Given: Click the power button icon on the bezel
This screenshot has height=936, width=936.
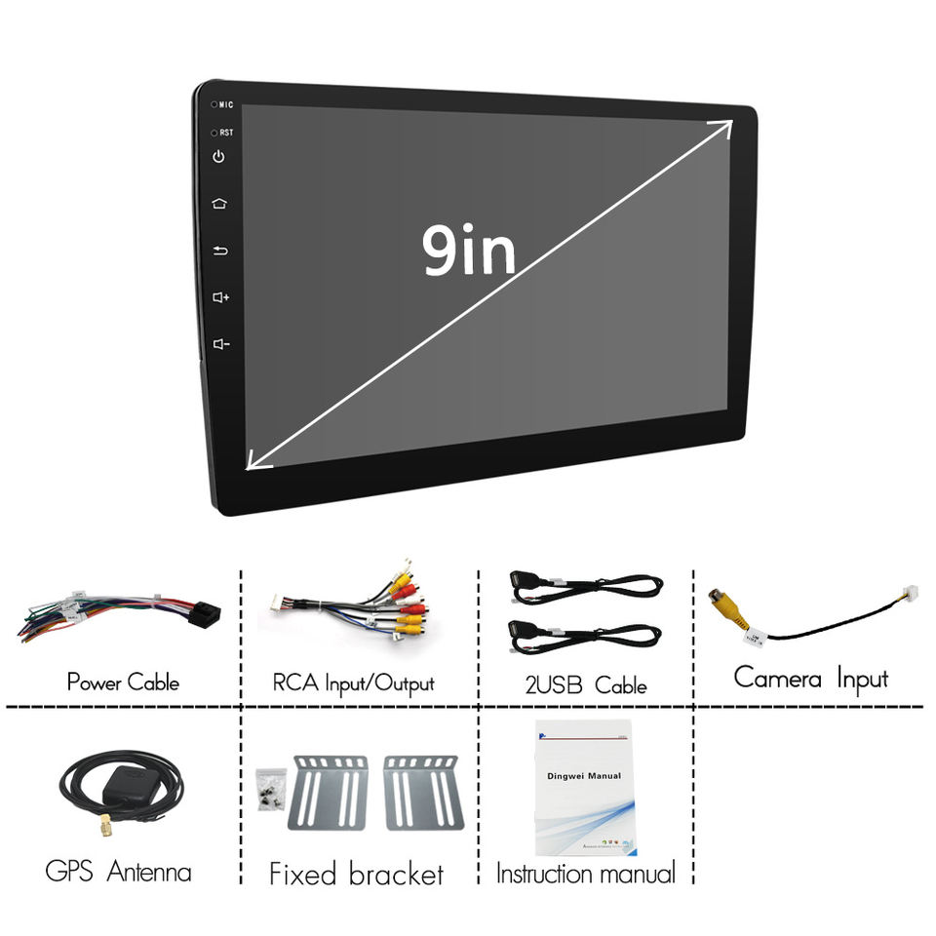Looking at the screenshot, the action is [x=219, y=156].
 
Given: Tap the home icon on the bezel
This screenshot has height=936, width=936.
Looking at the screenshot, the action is [x=219, y=204].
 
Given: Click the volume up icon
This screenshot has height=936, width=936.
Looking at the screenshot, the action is [x=220, y=296].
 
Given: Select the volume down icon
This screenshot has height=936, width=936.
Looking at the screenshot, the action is [x=220, y=343].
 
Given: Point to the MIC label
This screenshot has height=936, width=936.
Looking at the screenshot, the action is [x=225, y=104].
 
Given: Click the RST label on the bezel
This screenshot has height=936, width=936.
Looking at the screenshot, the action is [x=225, y=132].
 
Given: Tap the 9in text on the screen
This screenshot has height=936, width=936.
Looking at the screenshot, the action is [x=469, y=251].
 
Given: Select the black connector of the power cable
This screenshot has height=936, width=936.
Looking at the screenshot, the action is [x=203, y=613].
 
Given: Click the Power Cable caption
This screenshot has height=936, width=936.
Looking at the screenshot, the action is [x=123, y=682].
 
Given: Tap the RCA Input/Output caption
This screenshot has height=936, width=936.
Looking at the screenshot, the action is [x=353, y=682].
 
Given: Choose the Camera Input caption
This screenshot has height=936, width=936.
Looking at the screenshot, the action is [x=810, y=678].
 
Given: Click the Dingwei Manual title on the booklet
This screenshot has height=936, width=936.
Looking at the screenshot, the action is [x=582, y=776].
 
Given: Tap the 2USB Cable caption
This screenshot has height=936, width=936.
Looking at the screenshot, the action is [x=579, y=685].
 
